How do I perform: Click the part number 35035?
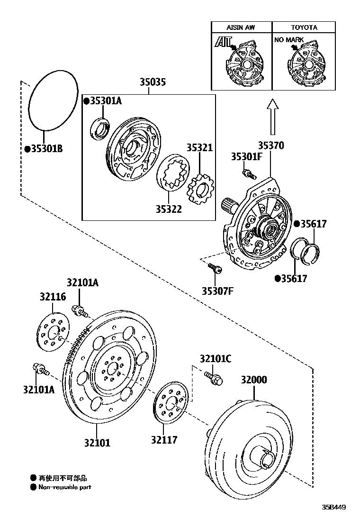tap(153, 82)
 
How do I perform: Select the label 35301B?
tap(44, 148)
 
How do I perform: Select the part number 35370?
tap(271, 145)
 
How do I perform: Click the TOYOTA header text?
tap(304, 28)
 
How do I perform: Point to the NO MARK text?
tap(289, 40)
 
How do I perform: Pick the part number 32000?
tap(253, 380)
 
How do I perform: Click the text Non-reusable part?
tap(64, 487)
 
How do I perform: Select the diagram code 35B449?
tap(334, 507)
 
